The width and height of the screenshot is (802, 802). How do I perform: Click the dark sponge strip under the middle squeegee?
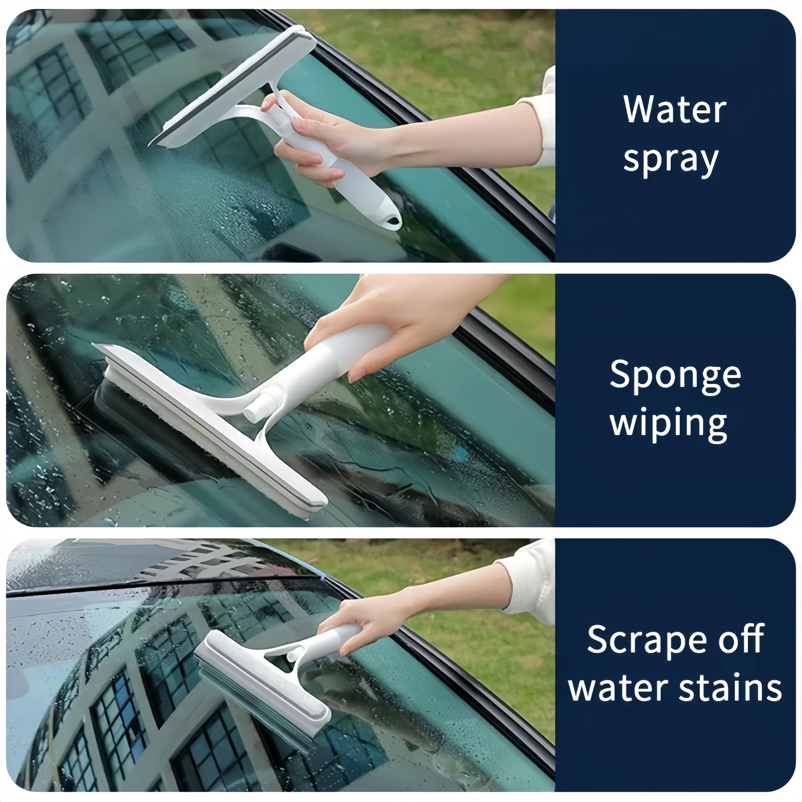coord(137,419)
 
